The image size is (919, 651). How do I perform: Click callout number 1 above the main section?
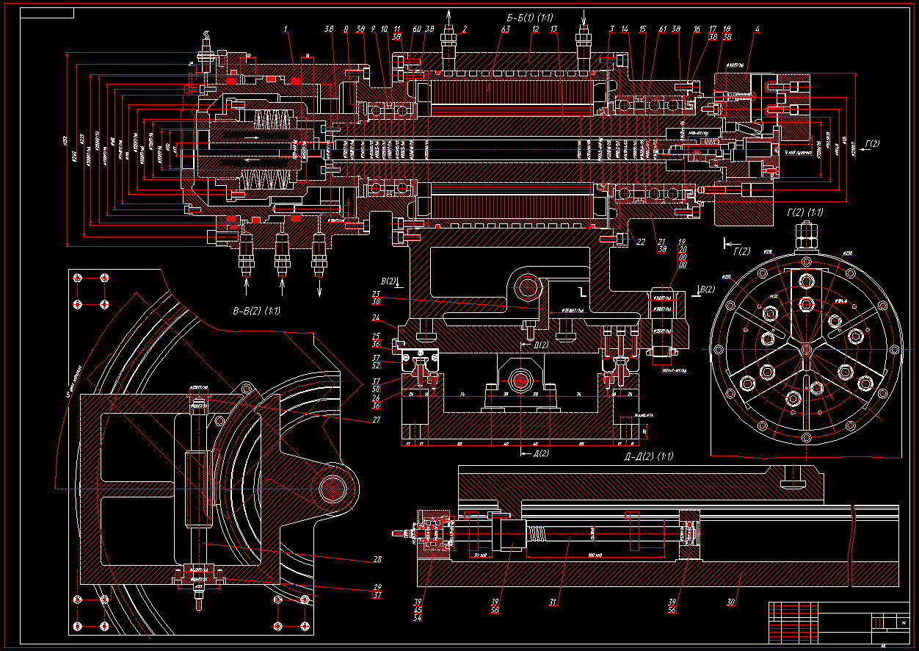pyautogui.click(x=285, y=29)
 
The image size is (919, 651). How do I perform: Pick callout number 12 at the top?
pyautogui.click(x=536, y=29)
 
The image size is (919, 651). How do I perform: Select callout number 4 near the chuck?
pyautogui.click(x=758, y=29)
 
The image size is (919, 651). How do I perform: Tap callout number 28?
pyautogui.click(x=377, y=560)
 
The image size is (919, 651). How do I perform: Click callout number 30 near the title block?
pyautogui.click(x=731, y=603)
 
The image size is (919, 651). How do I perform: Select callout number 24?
pyautogui.click(x=376, y=319)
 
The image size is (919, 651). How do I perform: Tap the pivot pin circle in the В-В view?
pyautogui.click(x=335, y=487)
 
